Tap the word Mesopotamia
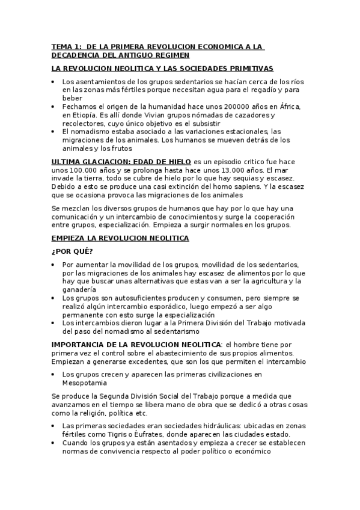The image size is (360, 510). (x=84, y=382)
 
